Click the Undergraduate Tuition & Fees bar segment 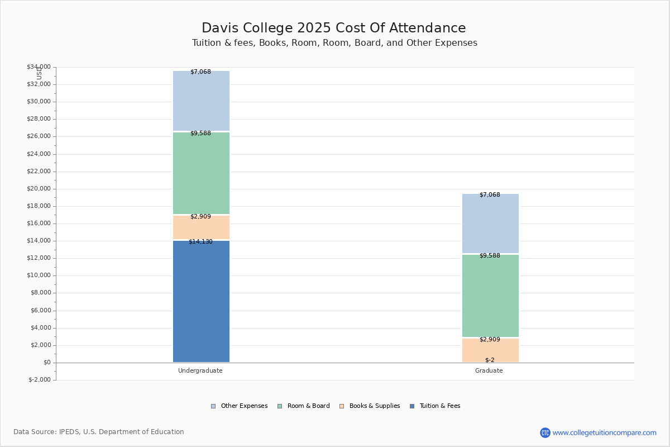(202, 301)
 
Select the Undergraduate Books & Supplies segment (202, 227)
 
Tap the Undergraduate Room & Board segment (202, 173)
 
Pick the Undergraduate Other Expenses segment (202, 101)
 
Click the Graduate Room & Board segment (490, 296)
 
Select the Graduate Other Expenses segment (490, 223)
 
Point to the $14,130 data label (200, 241)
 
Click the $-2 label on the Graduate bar (490, 360)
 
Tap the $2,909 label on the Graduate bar (490, 339)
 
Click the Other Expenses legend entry (240, 406)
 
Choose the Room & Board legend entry (304, 406)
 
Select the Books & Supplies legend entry (370, 406)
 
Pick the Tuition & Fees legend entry (435, 406)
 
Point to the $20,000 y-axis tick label (39, 189)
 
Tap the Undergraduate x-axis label (200, 370)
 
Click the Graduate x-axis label (489, 370)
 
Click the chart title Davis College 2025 (266, 28)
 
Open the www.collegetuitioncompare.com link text (604, 432)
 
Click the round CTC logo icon (545, 432)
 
